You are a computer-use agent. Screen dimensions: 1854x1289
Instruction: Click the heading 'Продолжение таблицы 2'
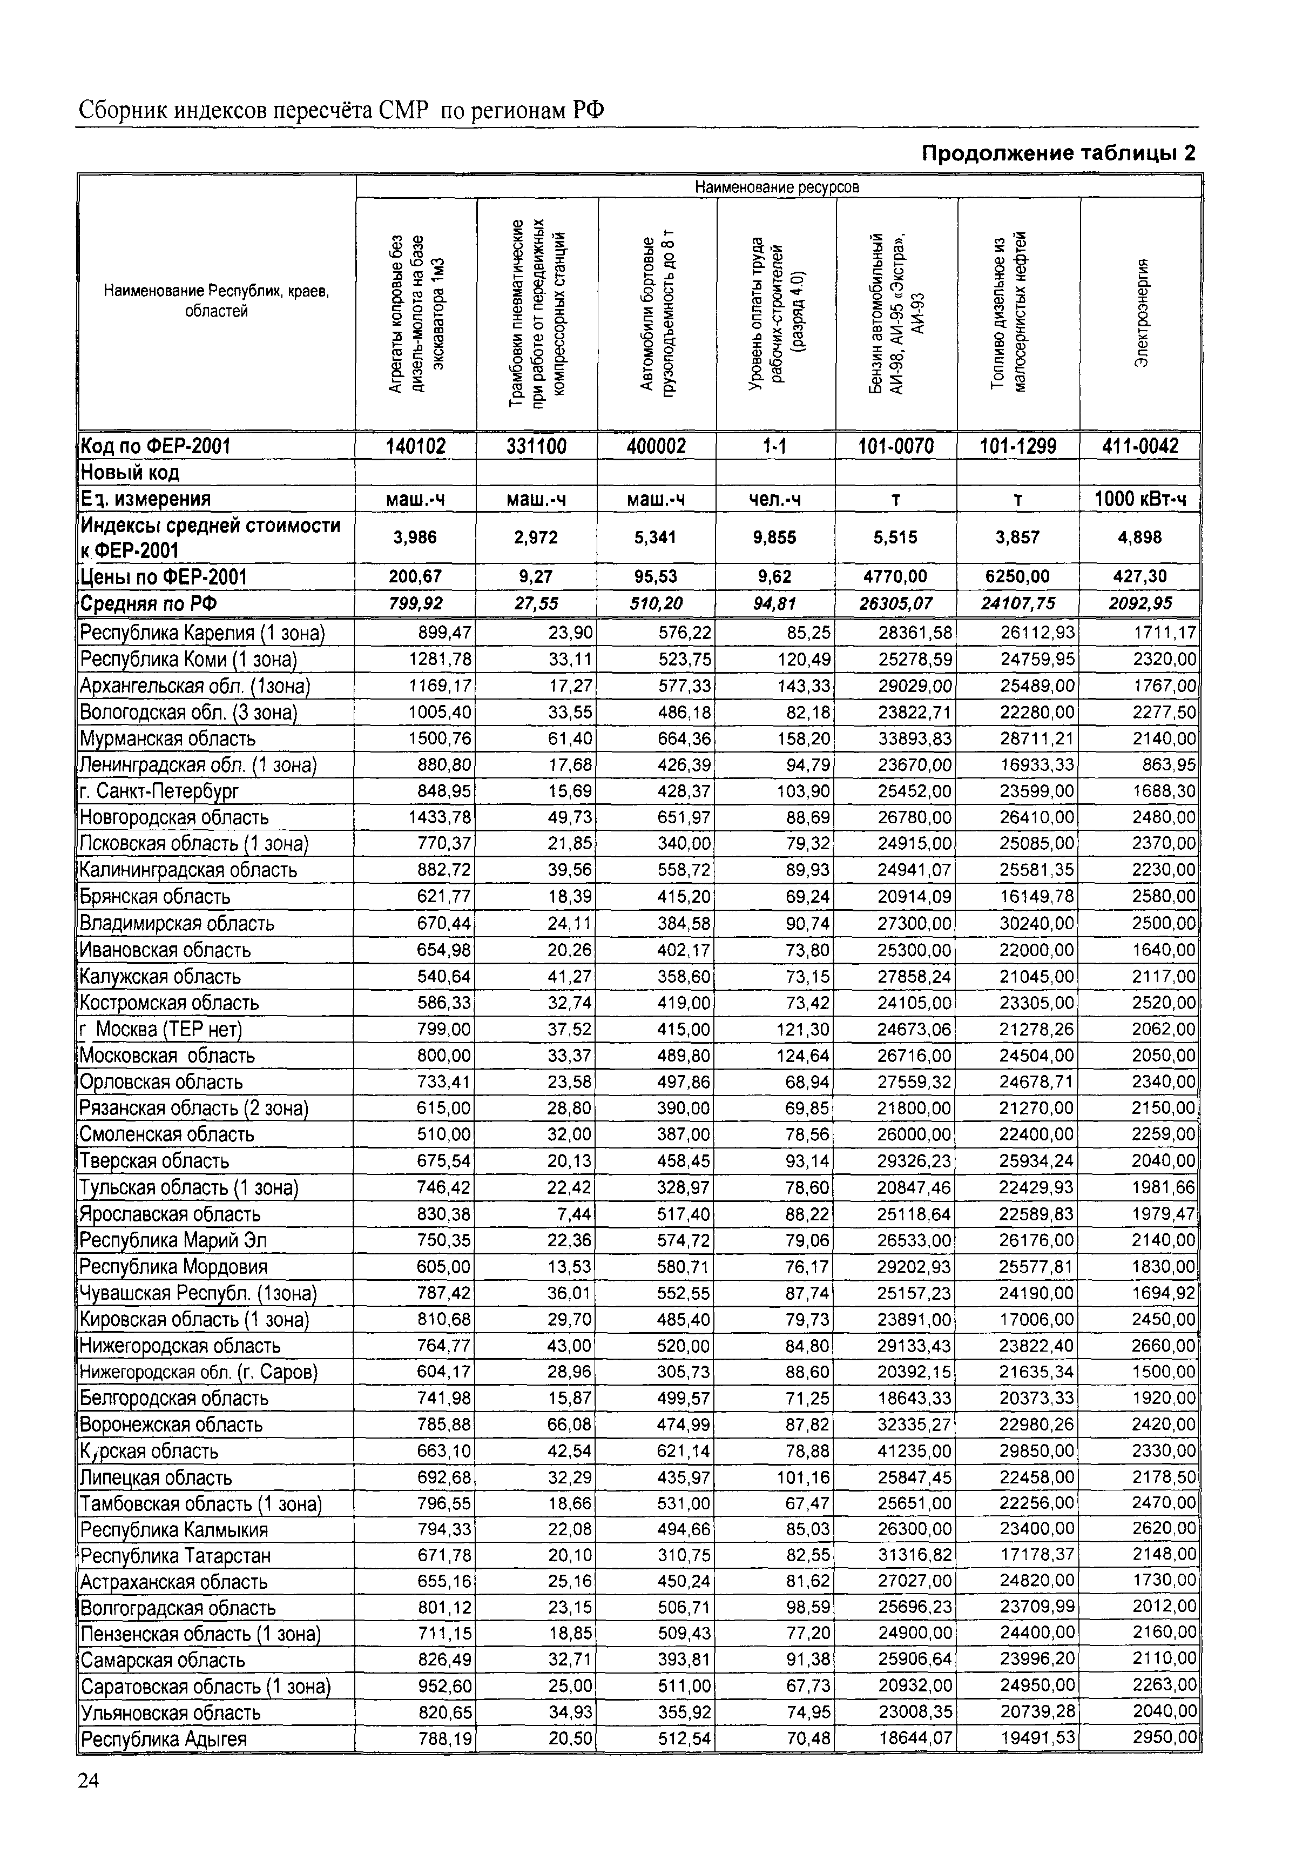click(1058, 153)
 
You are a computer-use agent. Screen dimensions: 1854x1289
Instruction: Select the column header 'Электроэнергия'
click(1140, 313)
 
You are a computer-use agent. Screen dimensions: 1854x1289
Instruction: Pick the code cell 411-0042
click(1139, 446)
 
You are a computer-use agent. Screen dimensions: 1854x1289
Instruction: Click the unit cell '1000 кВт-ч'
click(1139, 499)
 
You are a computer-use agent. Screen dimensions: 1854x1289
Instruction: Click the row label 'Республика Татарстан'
click(175, 1555)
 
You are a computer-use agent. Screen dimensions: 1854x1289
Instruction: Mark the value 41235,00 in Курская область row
click(914, 1451)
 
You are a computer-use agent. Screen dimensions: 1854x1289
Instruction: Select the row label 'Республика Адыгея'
click(164, 1739)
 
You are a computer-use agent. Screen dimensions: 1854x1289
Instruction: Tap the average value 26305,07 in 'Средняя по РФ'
click(895, 603)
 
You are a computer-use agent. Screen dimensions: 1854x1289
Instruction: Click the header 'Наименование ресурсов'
click(777, 187)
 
